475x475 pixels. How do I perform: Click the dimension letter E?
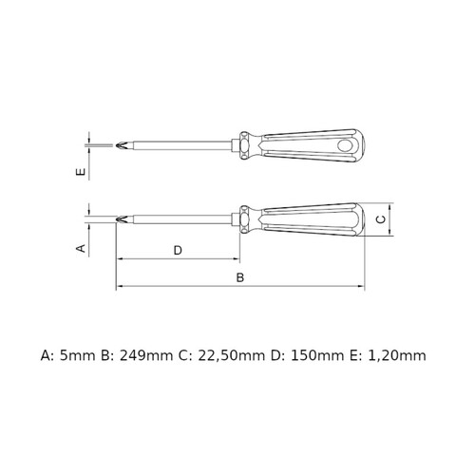[82, 172]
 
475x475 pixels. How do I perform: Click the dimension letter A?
[82, 248]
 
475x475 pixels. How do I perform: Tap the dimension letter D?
[178, 251]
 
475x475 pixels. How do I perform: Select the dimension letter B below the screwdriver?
[240, 277]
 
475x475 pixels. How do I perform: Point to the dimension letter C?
[382, 219]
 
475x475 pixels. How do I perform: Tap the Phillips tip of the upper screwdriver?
[122, 145]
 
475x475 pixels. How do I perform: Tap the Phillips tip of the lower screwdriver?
[122, 219]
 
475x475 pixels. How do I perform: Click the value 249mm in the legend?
[145, 356]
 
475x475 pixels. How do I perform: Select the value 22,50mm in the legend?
[232, 356]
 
